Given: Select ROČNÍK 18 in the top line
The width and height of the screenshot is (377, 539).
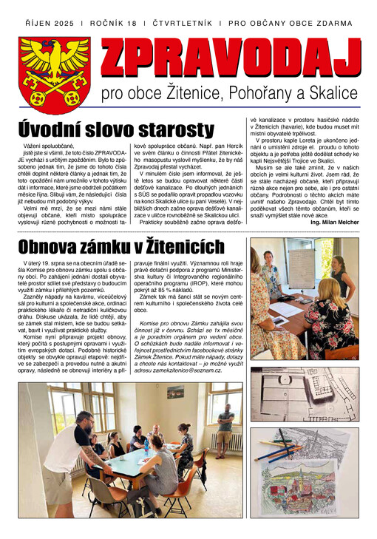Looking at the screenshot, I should click(113, 23).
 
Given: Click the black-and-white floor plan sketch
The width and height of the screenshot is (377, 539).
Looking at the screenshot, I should click(305, 393).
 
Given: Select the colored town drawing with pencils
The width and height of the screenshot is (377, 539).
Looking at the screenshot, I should click(305, 478).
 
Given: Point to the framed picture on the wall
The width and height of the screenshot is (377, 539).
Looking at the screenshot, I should click(175, 393).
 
